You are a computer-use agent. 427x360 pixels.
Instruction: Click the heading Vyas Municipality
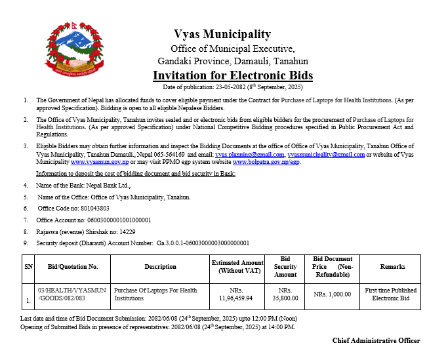[x=222, y=34]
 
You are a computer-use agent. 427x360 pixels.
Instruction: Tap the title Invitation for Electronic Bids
[x=233, y=75]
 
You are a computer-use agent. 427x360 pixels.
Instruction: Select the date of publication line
[x=233, y=87]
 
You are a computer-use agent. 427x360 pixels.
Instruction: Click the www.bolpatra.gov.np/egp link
[x=266, y=161]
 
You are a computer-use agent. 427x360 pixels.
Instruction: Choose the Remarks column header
[x=392, y=267]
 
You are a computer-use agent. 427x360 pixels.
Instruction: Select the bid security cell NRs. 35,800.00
[x=285, y=294]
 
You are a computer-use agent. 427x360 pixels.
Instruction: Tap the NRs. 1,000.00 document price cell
[x=333, y=294]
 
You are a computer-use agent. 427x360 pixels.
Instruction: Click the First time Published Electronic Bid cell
[x=391, y=294]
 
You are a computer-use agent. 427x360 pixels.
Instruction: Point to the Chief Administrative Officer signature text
[x=376, y=340]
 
